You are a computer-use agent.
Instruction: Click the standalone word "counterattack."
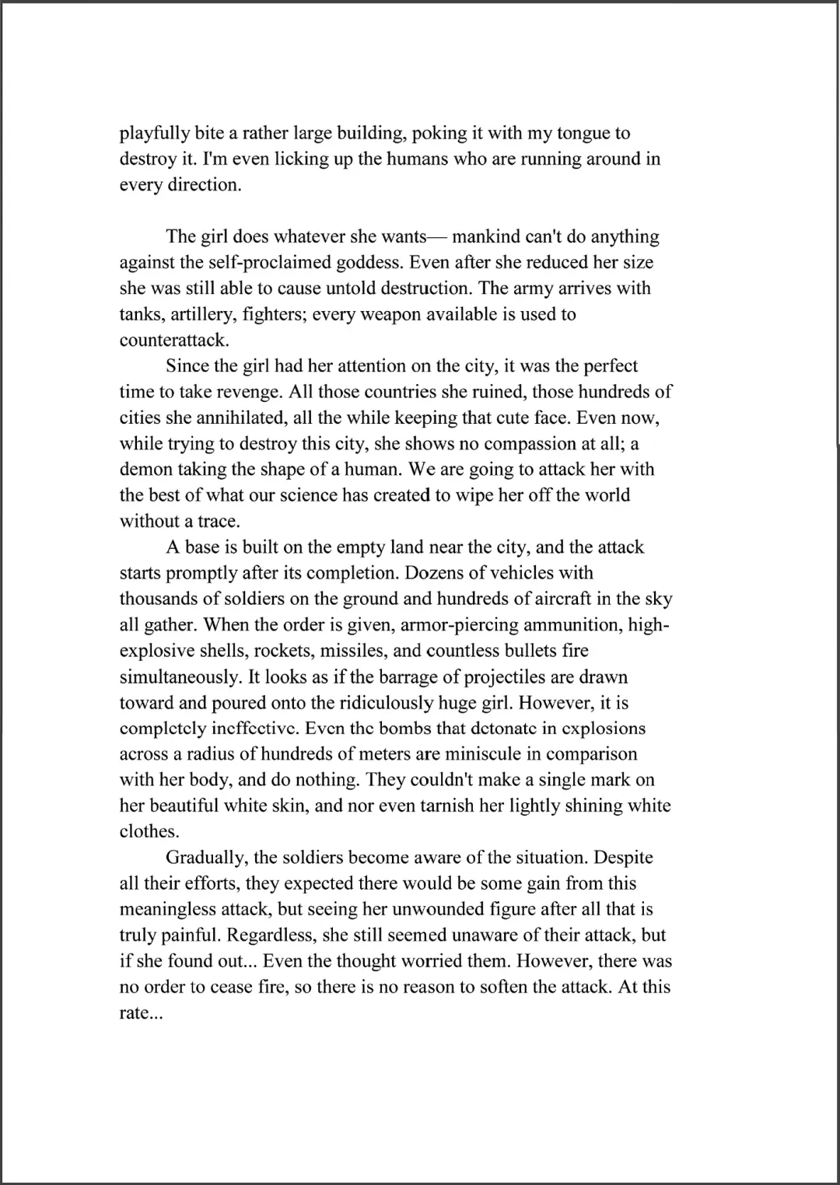(x=174, y=341)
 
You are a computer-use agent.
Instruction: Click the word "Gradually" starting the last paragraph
(x=207, y=858)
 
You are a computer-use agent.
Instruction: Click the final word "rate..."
(x=141, y=1013)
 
